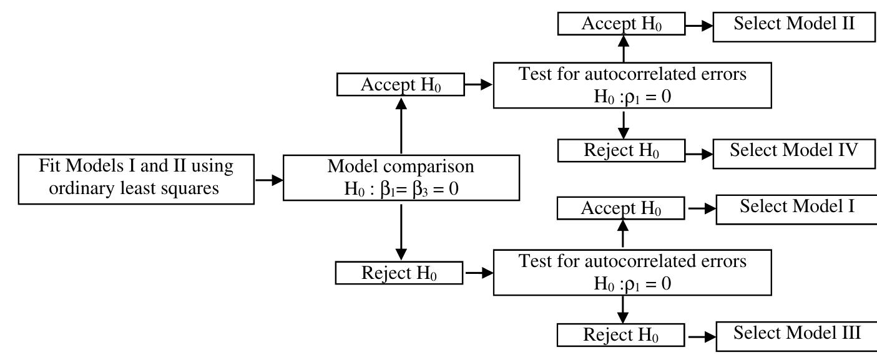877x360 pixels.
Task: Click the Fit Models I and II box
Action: point(136,178)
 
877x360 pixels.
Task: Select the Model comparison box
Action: point(401,178)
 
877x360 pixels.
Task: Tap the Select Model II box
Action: point(794,25)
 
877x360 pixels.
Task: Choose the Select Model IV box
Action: point(794,152)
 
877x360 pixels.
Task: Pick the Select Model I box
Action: point(796,208)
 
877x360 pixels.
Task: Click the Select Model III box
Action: point(796,334)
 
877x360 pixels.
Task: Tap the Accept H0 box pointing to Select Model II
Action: point(622,25)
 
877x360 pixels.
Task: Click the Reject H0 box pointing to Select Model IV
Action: point(622,151)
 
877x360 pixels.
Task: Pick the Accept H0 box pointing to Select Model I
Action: point(621,208)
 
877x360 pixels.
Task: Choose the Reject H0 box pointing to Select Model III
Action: point(621,335)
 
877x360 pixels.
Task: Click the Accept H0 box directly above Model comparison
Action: point(401,85)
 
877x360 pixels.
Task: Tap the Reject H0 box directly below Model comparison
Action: point(399,273)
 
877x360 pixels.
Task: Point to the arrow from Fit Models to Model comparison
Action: point(268,179)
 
